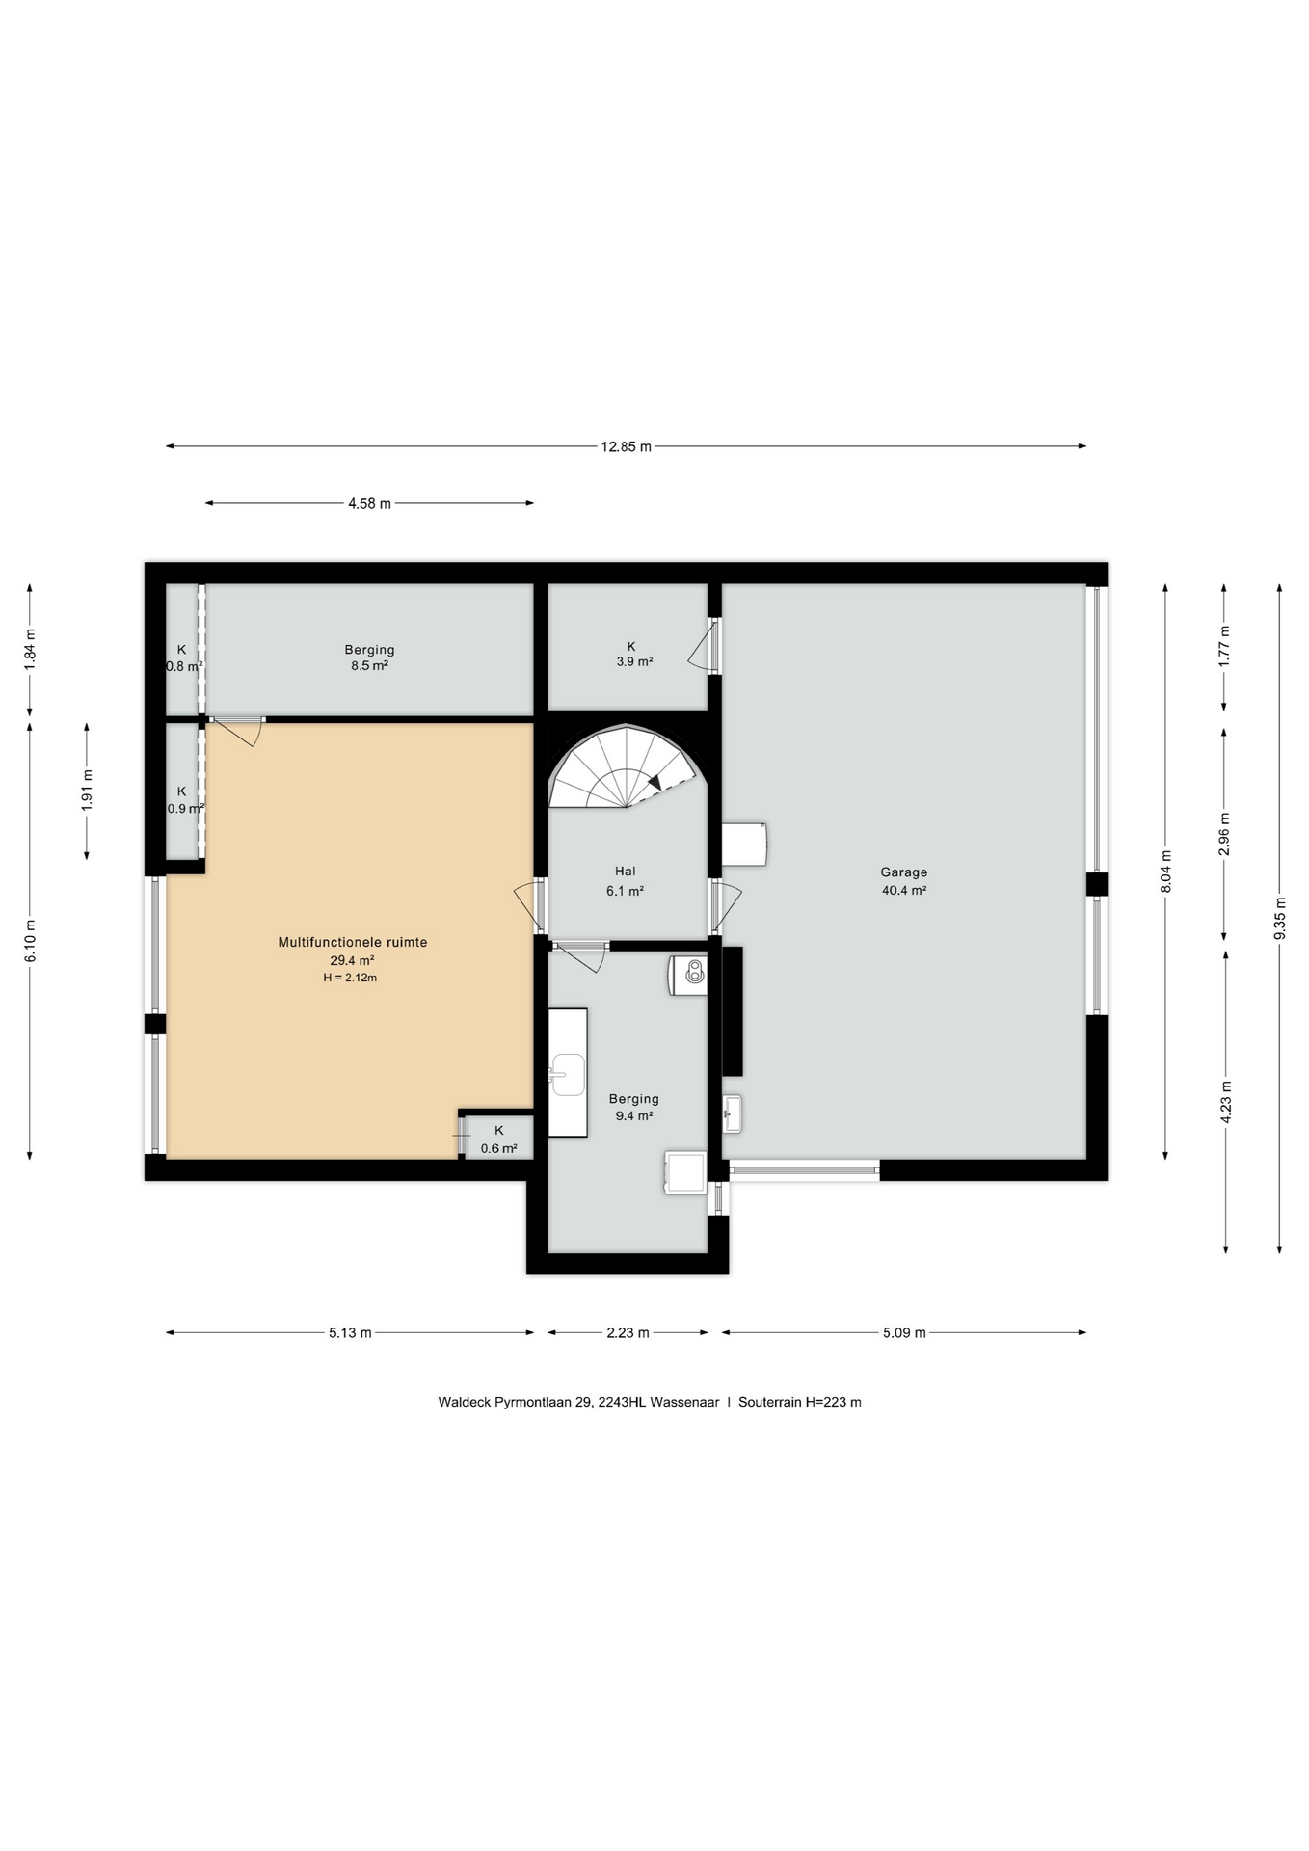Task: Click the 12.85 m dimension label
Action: [626, 446]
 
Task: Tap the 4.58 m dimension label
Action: [369, 503]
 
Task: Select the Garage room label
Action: [903, 872]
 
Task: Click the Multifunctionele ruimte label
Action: [352, 942]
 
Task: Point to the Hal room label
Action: [625, 872]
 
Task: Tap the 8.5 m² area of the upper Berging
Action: [369, 665]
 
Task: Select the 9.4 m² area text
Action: [634, 1115]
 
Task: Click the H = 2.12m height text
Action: [350, 978]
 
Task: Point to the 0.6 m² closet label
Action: [498, 1148]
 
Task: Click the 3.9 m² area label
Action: [634, 662]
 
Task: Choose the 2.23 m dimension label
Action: [628, 1333]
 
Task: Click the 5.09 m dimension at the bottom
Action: [904, 1333]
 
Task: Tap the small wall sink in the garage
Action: [733, 1113]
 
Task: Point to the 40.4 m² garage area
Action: [904, 891]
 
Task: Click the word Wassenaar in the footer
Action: [684, 1402]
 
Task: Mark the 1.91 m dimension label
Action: [87, 791]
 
